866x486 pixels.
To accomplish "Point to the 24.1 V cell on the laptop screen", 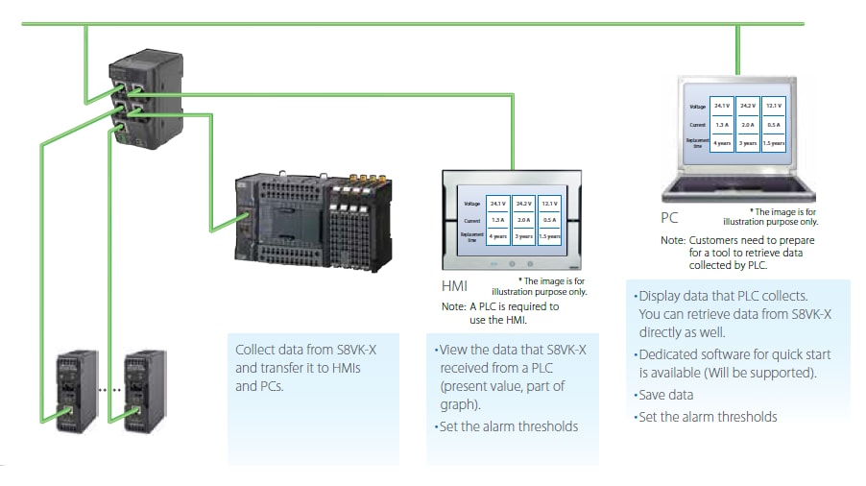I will coord(722,107).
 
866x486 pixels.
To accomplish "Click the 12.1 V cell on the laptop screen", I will coord(774,107).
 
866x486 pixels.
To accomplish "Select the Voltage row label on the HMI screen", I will coord(471,204).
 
